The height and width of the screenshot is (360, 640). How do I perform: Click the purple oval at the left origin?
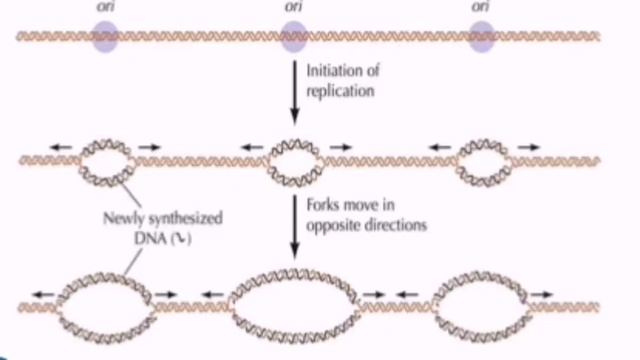106,38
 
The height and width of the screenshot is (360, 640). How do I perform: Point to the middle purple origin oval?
293,38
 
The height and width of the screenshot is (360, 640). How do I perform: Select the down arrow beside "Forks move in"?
293,226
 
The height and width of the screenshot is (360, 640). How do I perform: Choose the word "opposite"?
334,226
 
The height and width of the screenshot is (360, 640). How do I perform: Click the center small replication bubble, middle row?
293,158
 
